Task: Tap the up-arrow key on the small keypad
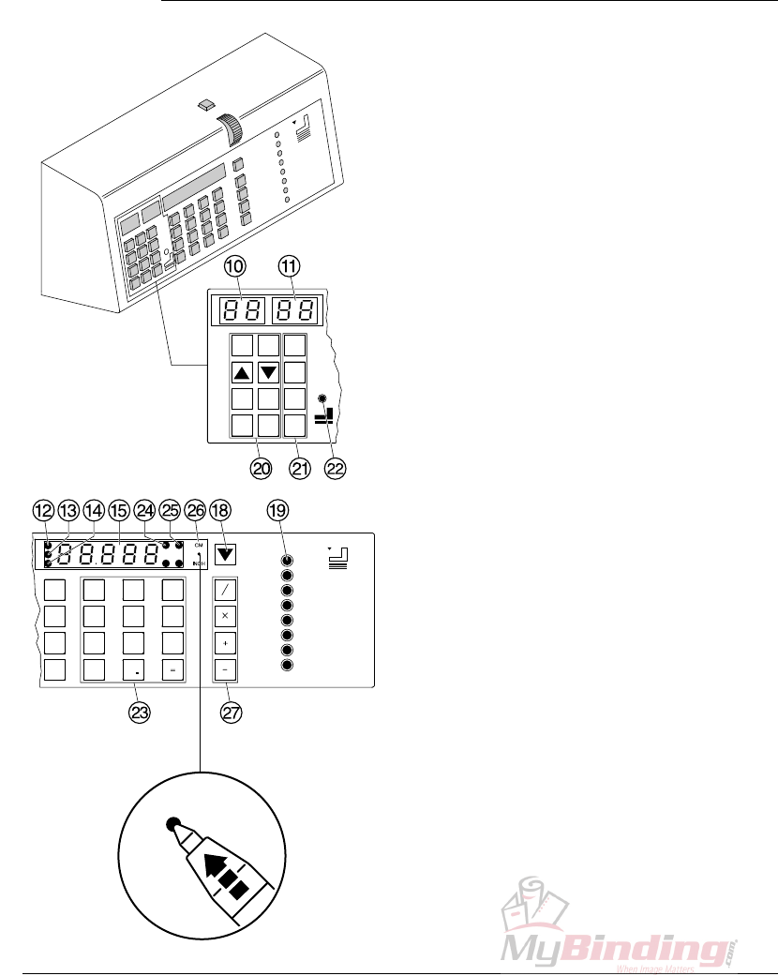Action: click(243, 372)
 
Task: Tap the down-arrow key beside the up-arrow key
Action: click(269, 372)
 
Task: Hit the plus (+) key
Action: click(225, 644)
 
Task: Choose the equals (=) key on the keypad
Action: click(172, 670)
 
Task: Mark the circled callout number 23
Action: click(140, 713)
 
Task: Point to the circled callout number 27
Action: click(231, 713)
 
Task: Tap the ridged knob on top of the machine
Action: click(230, 129)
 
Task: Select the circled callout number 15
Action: click(118, 510)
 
